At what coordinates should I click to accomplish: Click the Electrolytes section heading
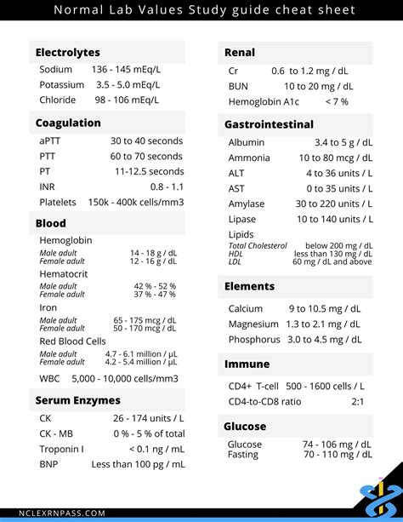[67, 53]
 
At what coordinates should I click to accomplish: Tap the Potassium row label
[61, 84]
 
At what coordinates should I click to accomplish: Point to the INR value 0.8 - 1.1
[167, 186]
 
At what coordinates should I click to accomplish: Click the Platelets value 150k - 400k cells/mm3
[136, 203]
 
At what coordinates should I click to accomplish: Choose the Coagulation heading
[68, 123]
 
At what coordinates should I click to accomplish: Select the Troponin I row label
[61, 449]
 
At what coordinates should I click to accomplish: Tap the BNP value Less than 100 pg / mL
[138, 464]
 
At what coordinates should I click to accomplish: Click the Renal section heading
[240, 53]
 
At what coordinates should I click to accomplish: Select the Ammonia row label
[249, 158]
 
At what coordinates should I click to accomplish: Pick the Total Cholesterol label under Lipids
[258, 246]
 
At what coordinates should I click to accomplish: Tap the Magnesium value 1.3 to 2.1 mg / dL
[323, 324]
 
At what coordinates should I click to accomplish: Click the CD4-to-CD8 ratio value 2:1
[358, 401]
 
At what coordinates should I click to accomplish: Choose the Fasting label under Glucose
[243, 455]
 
